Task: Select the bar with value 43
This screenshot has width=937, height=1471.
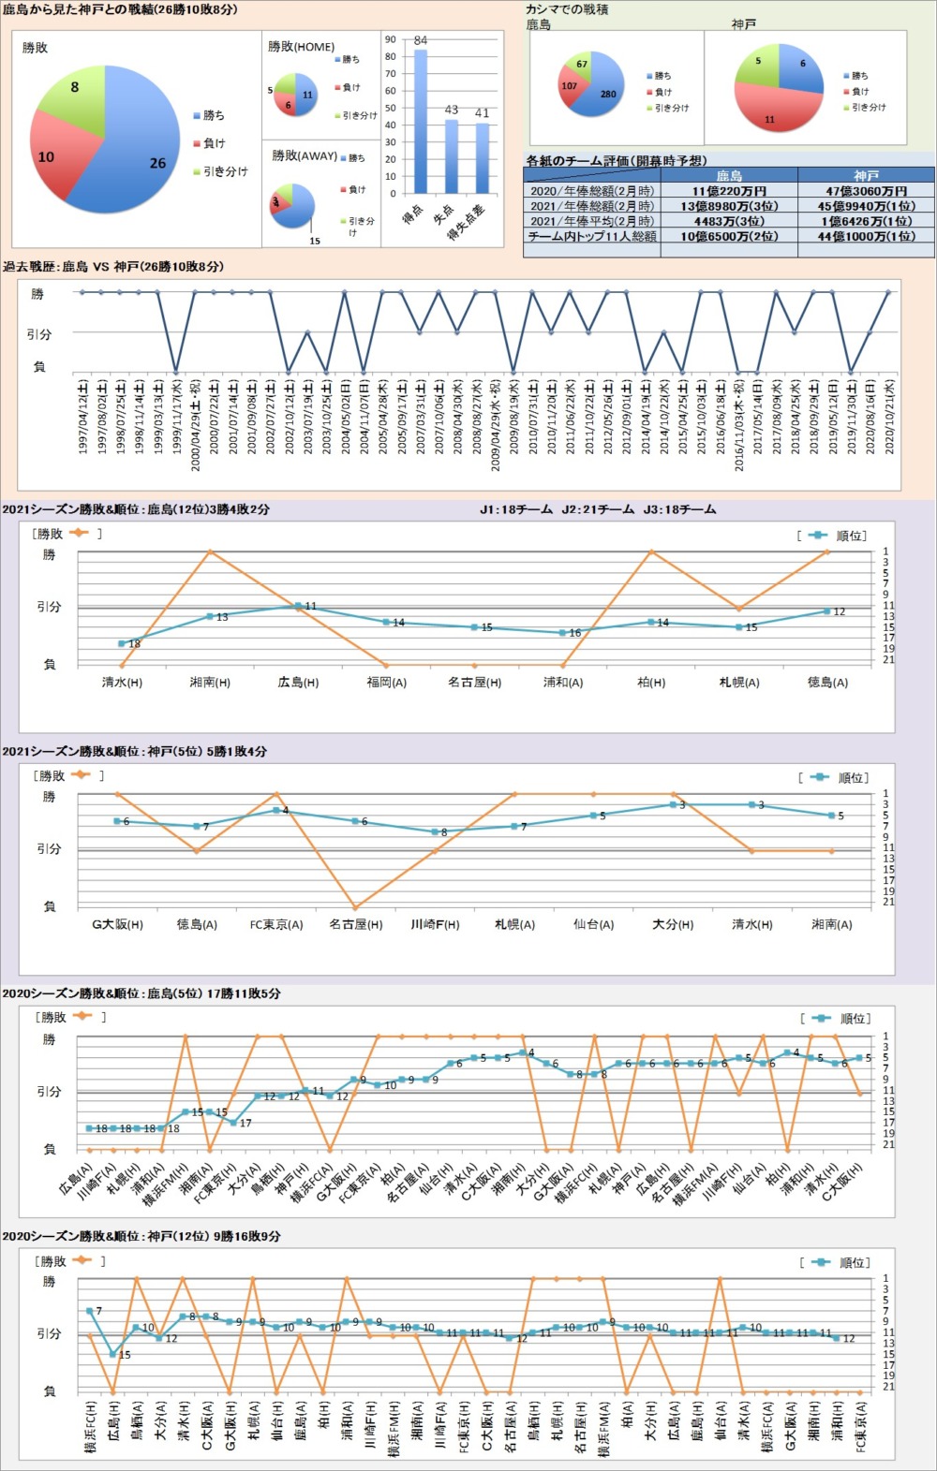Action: pos(451,155)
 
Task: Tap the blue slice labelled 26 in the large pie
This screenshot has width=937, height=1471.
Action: pos(141,154)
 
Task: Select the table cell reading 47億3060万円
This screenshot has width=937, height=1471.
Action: pos(866,191)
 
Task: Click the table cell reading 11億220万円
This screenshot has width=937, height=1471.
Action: pos(729,191)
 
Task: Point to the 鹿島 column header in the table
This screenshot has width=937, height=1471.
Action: pos(729,175)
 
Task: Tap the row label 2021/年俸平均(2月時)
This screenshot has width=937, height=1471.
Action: pos(592,221)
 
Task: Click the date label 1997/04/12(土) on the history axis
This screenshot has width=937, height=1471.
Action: pos(83,417)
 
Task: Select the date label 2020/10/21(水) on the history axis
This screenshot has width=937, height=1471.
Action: pos(889,417)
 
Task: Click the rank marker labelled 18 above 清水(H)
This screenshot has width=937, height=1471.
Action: pos(122,643)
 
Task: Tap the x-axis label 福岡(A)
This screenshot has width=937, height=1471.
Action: pos(386,683)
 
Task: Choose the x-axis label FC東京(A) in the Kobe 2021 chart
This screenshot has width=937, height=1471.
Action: pos(276,924)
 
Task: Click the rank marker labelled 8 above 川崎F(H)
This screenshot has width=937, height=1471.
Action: pos(435,831)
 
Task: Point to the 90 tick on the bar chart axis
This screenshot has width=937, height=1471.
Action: pos(391,40)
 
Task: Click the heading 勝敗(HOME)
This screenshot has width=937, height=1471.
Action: pos(301,46)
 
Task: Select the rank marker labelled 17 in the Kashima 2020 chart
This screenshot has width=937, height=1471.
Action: pos(233,1122)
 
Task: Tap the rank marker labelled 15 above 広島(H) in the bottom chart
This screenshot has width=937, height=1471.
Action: pos(113,1353)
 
